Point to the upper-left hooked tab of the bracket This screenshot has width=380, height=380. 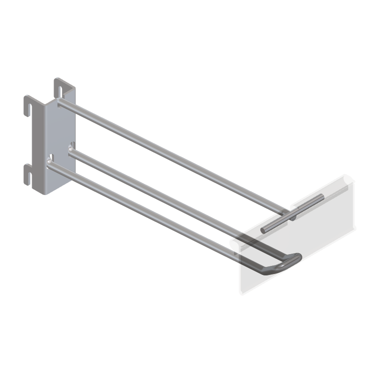pyautogui.click(x=29, y=105)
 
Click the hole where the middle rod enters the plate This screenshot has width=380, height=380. pyautogui.click(x=71, y=149)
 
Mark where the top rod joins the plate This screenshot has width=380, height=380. pyautogui.click(x=61, y=102)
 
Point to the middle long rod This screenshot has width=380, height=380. pyautogui.click(x=156, y=192)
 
